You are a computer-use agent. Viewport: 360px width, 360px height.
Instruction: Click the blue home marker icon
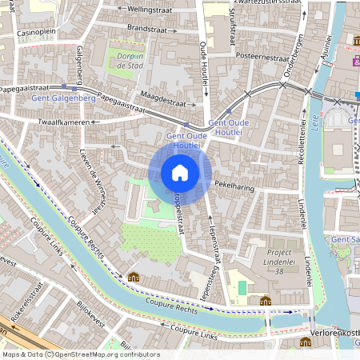180,173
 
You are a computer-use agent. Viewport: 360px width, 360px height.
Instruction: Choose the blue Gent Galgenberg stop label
59,98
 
